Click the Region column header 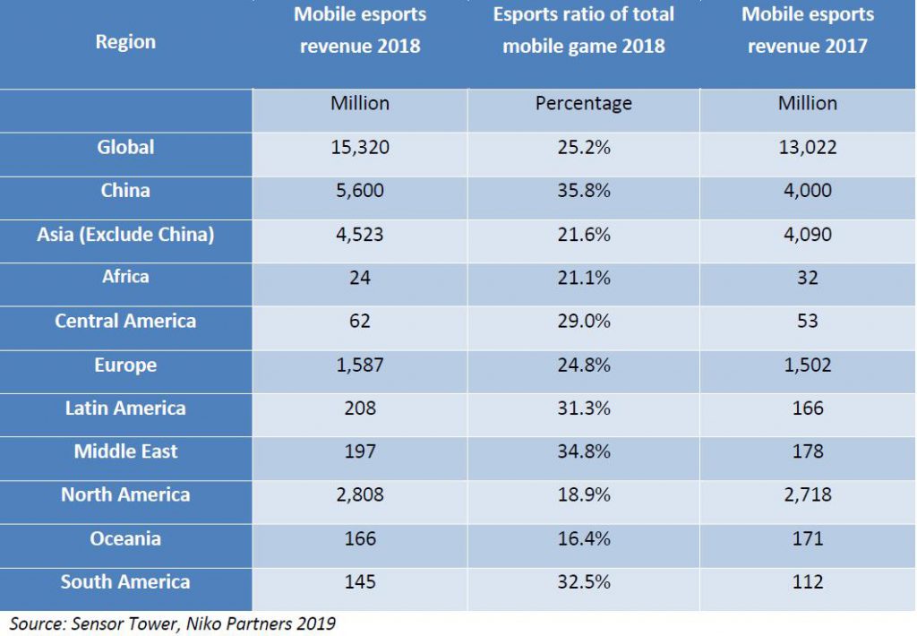(125, 42)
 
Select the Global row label (125, 147)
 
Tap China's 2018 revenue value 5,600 (360, 191)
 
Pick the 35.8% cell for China (583, 191)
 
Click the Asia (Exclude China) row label (125, 235)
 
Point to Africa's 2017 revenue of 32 (807, 278)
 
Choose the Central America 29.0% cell (583, 322)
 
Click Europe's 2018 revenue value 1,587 (360, 365)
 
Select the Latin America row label (125, 408)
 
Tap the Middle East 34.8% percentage (583, 452)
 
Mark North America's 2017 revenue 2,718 (807, 495)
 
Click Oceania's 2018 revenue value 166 (360, 539)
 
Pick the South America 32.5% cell (583, 582)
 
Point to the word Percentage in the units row (583, 104)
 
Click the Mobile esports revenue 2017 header (807, 30)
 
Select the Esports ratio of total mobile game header (583, 30)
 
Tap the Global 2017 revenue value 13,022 (807, 148)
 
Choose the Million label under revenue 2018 (360, 104)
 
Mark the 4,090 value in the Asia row (807, 235)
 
